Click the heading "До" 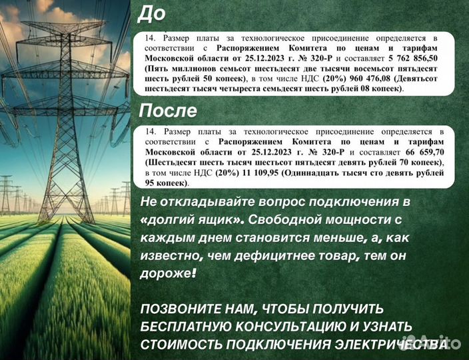click(x=153, y=13)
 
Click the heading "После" click(x=169, y=109)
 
